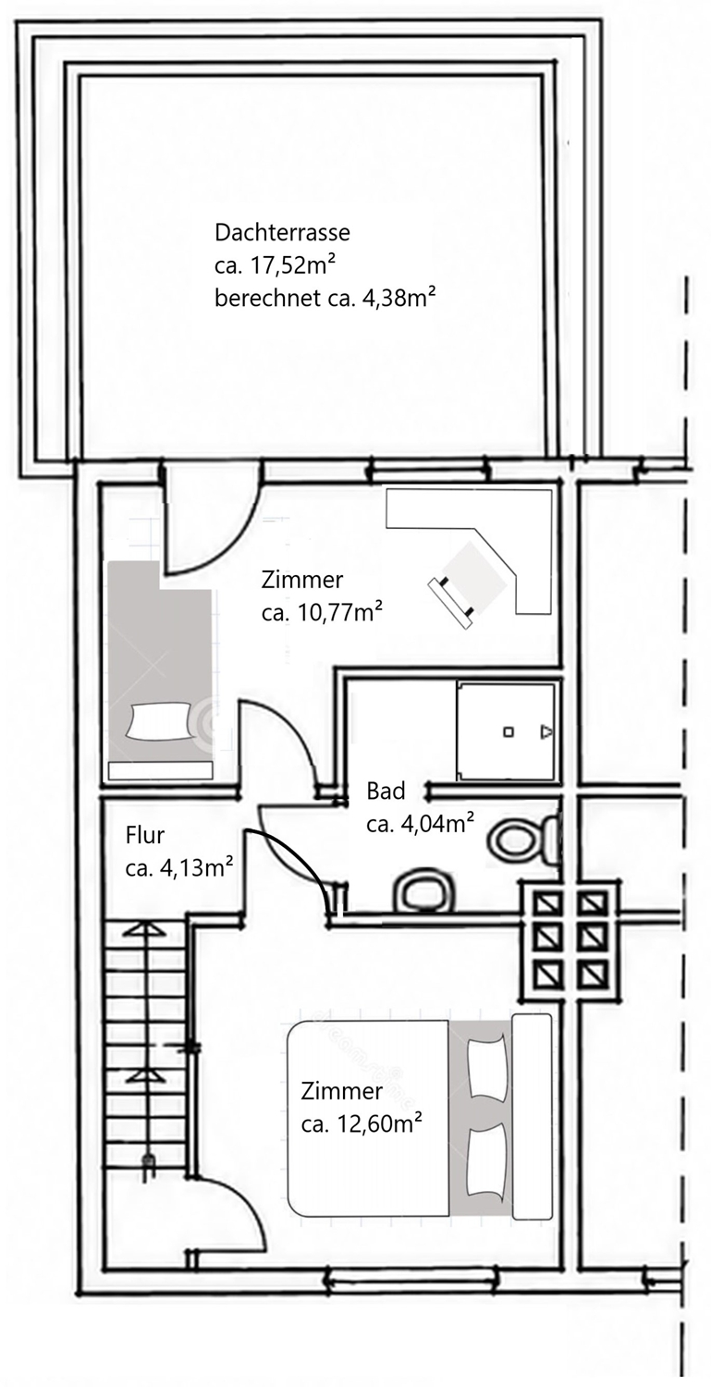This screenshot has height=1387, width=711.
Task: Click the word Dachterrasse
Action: (282, 232)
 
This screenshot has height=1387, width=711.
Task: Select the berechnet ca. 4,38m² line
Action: (325, 299)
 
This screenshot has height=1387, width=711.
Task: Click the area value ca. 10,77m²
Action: (322, 612)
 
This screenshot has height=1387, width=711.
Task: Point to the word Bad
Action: (386, 791)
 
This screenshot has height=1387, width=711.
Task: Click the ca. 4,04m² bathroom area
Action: (420, 824)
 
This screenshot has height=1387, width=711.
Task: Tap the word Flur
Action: (145, 835)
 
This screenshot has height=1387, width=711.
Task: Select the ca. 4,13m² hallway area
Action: (179, 868)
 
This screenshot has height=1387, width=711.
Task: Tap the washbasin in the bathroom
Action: (424, 891)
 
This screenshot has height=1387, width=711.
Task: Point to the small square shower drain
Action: (508, 732)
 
